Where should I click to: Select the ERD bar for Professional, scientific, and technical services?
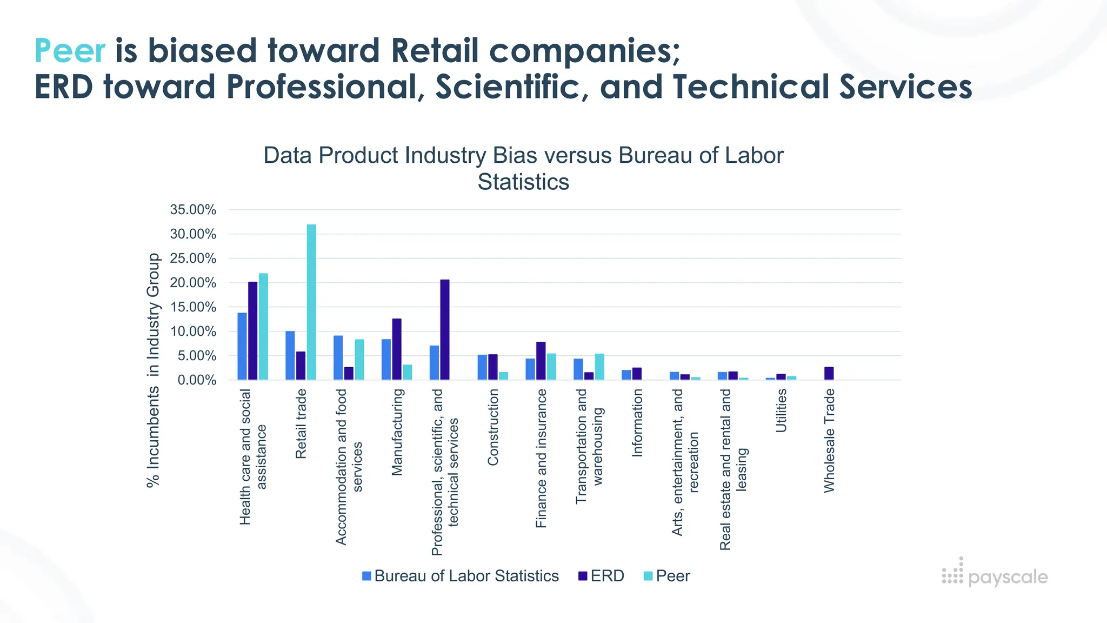coord(445,329)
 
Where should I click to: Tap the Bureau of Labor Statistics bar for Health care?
coord(242,346)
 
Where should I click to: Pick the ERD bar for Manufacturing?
coord(397,349)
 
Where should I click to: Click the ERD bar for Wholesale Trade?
coord(829,373)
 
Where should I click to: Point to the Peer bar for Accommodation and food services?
coord(359,359)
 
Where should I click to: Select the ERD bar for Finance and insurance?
coord(541,361)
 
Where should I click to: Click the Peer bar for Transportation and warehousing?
coord(599,367)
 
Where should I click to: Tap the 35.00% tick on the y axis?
coord(193,210)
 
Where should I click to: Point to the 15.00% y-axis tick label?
coord(193,307)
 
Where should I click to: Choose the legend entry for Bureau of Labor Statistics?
coord(461,576)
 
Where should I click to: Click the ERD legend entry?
coord(601,576)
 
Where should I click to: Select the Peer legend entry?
coord(667,576)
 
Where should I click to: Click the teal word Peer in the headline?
coord(70,51)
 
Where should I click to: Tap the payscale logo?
coord(995,575)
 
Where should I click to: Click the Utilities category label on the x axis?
coord(781,410)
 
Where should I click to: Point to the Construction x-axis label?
coord(492,427)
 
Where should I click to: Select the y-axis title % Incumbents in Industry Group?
coord(154,370)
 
